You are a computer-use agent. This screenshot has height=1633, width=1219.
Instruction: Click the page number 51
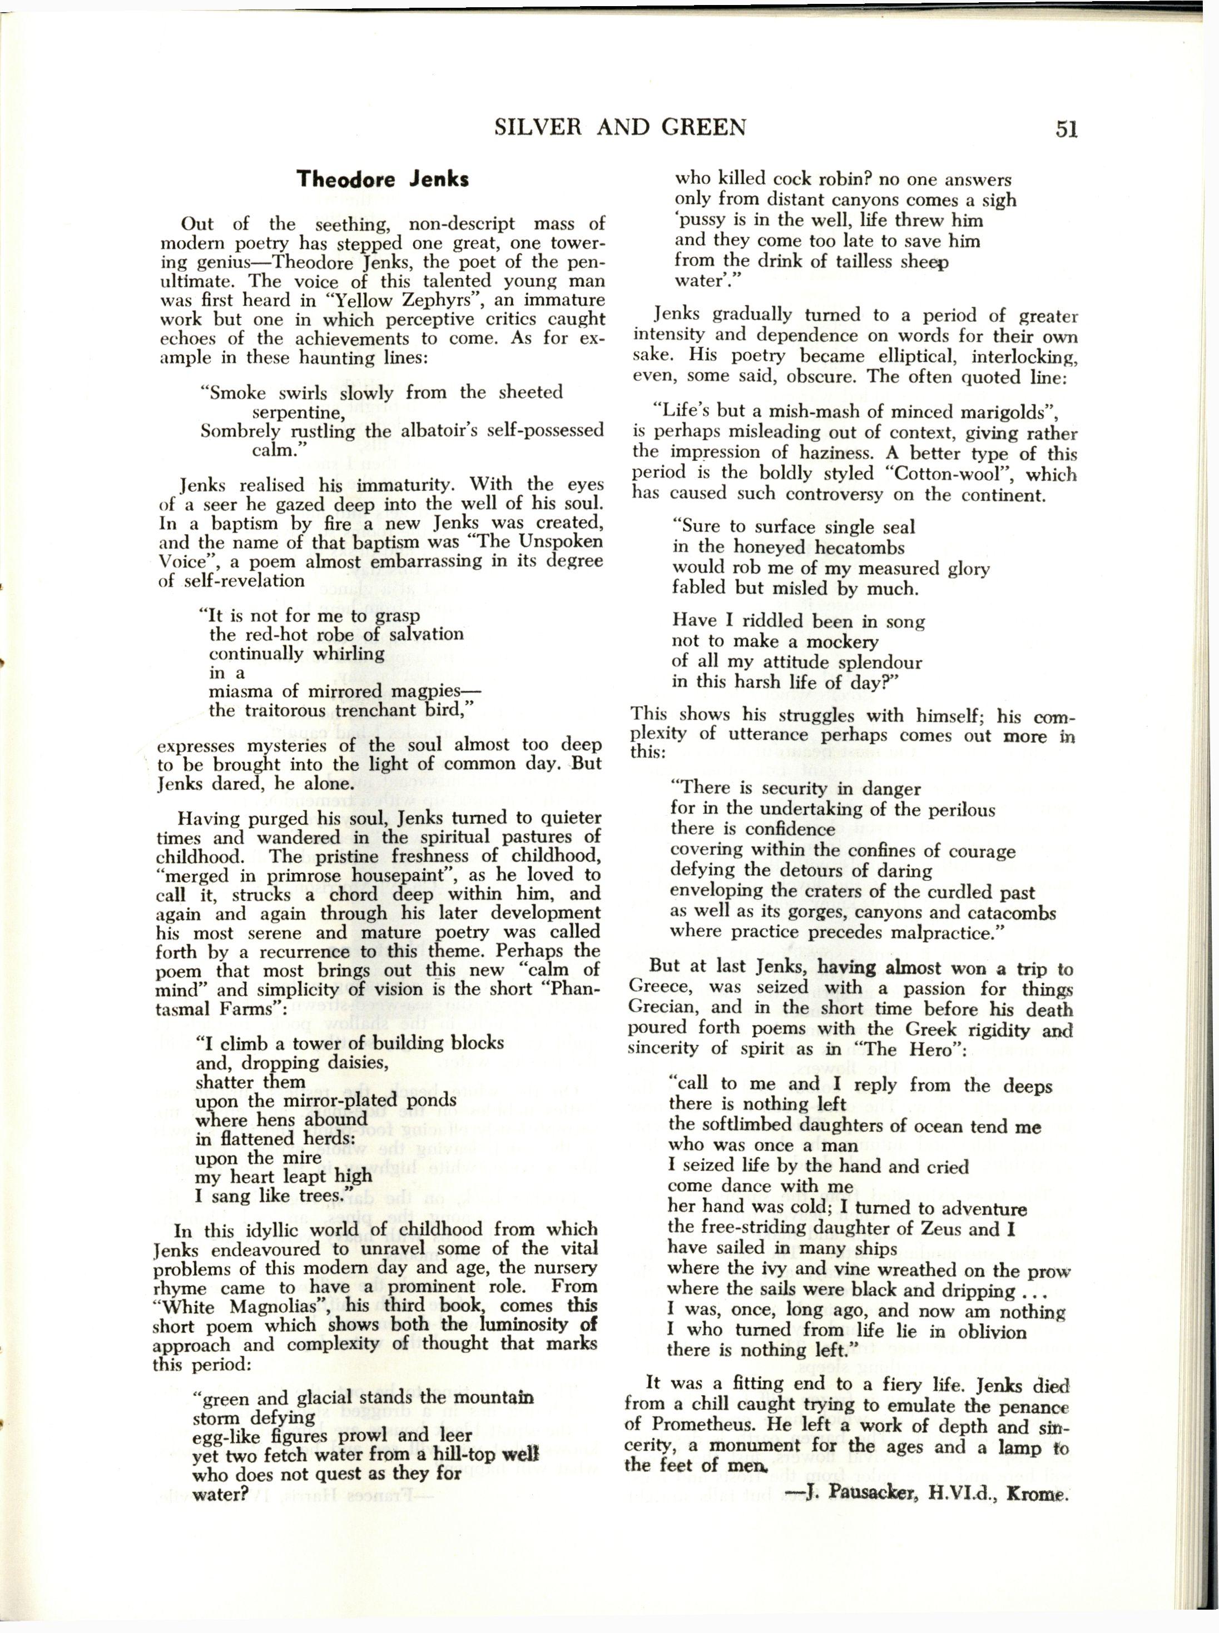pyautogui.click(x=1066, y=128)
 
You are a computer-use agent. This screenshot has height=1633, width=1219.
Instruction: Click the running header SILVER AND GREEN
pyautogui.click(x=620, y=128)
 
